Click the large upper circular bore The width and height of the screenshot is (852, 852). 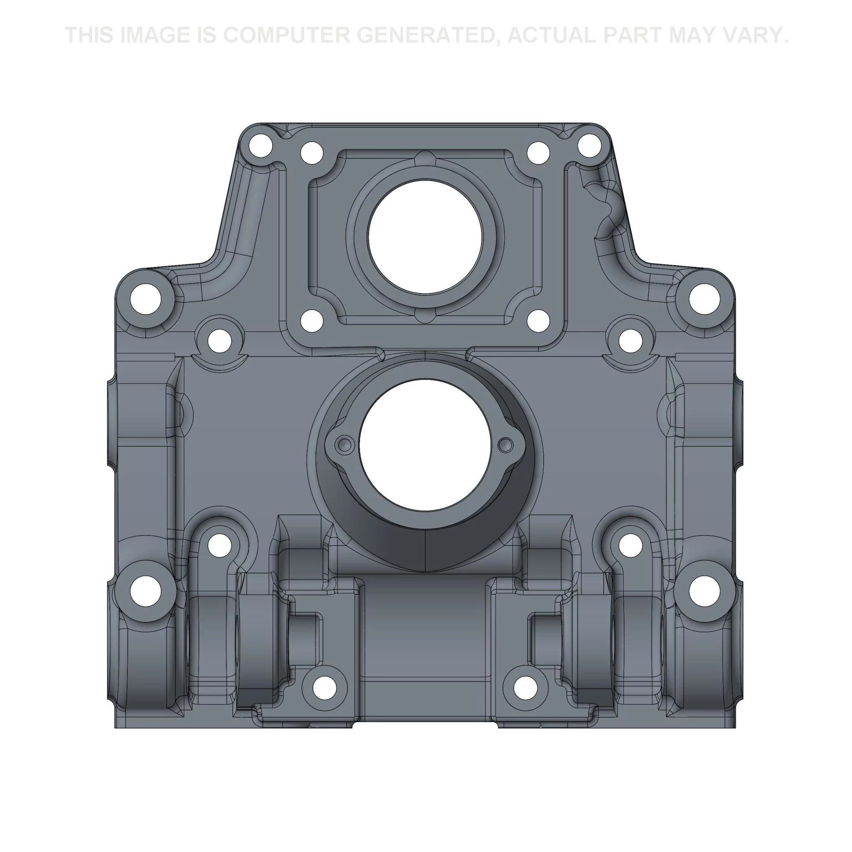[425, 237]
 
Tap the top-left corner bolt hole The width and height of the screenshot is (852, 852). [260, 146]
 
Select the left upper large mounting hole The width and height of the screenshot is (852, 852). [145, 299]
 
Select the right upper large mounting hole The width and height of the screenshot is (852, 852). [704, 299]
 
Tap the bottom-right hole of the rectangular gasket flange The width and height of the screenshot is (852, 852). [538, 321]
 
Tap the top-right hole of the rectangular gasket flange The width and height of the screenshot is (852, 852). [538, 153]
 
